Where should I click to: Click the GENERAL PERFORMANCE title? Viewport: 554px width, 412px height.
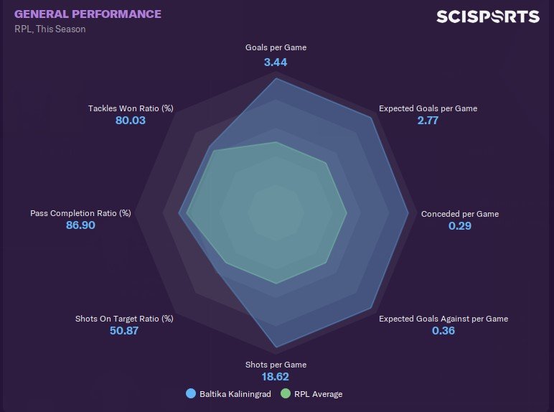tap(88, 14)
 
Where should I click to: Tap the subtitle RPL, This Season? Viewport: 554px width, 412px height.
tap(50, 29)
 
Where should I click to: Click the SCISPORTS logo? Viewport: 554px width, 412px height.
tap(487, 17)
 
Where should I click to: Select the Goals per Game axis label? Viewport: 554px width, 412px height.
tap(276, 48)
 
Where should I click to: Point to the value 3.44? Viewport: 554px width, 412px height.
tap(276, 62)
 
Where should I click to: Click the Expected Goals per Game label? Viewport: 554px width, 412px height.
tap(428, 108)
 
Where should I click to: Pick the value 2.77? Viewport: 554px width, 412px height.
tap(428, 121)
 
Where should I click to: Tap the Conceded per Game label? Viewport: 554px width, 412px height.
tap(460, 214)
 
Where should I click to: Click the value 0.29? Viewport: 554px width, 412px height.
tap(460, 226)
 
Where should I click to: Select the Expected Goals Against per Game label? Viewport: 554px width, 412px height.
tap(443, 319)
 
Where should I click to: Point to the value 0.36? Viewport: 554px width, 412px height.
tap(443, 331)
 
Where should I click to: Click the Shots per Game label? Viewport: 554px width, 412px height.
tap(276, 365)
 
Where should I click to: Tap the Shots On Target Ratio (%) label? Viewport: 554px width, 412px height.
tap(125, 319)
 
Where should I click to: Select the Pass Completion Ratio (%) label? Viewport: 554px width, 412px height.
tap(80, 213)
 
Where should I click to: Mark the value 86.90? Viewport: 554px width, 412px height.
tap(80, 225)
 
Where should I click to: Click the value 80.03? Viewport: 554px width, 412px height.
tap(131, 121)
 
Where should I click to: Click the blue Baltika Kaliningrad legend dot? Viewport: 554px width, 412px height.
tap(191, 393)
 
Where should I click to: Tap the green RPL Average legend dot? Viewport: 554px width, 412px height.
tap(286, 393)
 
